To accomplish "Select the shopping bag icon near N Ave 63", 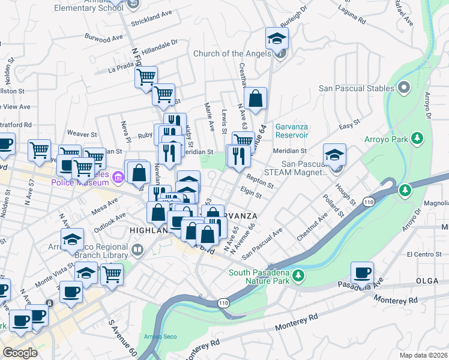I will coord(256,100).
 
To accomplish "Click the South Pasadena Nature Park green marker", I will coord(298,276).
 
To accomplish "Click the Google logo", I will coord(20,353).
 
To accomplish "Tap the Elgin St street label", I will coord(251,194).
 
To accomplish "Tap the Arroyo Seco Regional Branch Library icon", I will coord(137,249).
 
